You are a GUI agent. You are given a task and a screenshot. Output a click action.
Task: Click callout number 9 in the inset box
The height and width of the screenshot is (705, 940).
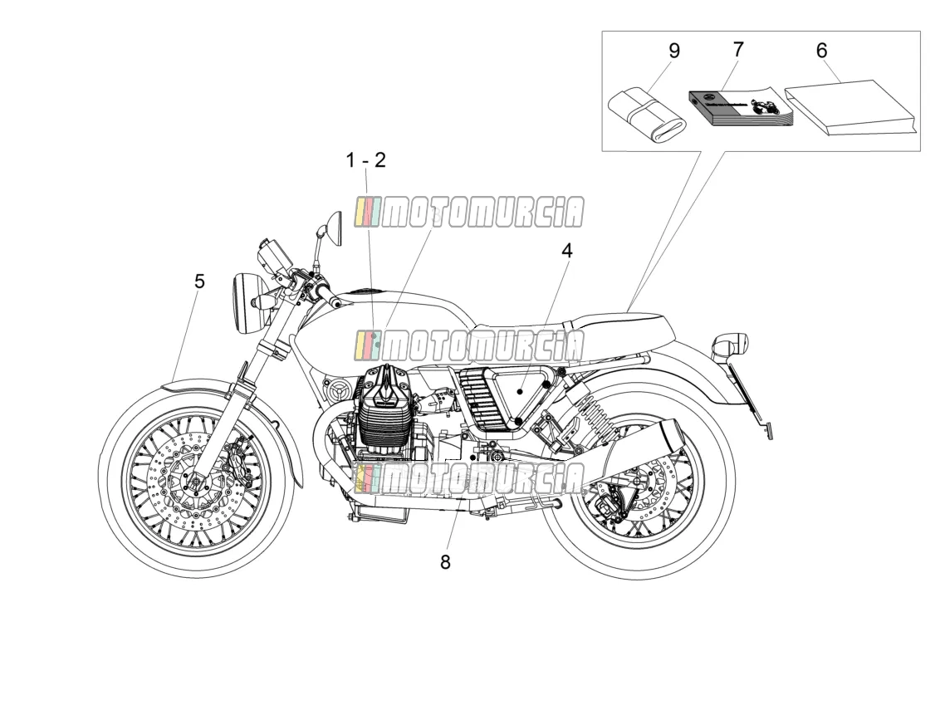pyautogui.click(x=673, y=51)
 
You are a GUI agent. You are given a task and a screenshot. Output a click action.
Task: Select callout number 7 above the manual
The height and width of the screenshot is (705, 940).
pyautogui.click(x=737, y=49)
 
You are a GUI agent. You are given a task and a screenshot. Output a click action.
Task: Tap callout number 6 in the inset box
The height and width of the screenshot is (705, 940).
pyautogui.click(x=821, y=51)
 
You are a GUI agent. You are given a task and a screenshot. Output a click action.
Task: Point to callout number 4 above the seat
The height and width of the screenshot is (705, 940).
pyautogui.click(x=566, y=251)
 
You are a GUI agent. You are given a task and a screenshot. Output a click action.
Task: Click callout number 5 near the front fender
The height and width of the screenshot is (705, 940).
pyautogui.click(x=199, y=281)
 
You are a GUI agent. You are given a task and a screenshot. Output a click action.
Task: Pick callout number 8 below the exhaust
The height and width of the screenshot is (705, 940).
pyautogui.click(x=445, y=561)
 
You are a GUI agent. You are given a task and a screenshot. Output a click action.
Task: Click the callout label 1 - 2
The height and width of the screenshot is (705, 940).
pyautogui.click(x=365, y=160)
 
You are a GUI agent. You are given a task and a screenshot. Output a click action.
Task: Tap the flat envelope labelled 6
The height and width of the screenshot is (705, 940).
pyautogui.click(x=851, y=108)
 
